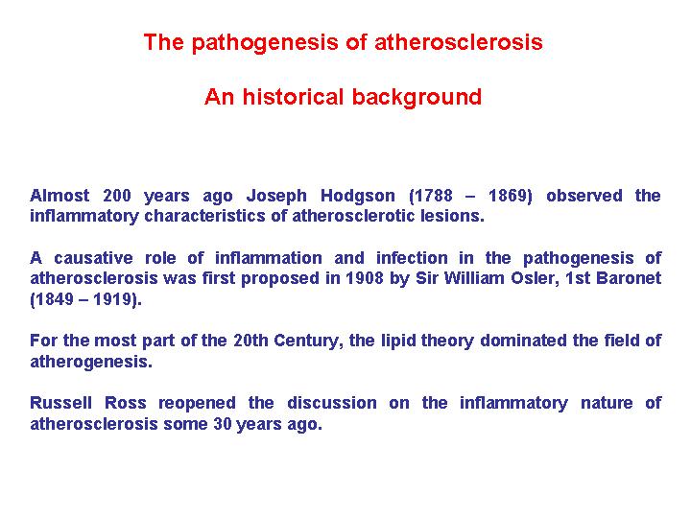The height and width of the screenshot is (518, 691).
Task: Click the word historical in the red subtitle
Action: (x=293, y=97)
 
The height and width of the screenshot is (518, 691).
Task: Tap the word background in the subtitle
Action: (x=417, y=97)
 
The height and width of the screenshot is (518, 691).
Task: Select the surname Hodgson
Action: (x=357, y=196)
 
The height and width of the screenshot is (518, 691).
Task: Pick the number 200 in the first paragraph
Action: (x=117, y=196)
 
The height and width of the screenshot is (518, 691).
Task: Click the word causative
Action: (x=93, y=258)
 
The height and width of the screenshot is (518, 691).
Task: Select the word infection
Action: (x=412, y=258)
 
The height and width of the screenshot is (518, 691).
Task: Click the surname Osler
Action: (x=534, y=279)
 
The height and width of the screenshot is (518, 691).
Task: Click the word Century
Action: (x=308, y=341)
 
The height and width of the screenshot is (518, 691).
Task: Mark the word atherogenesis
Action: (x=91, y=362)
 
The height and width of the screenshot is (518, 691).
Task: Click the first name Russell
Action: (x=60, y=403)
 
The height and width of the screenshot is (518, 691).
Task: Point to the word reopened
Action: (x=197, y=404)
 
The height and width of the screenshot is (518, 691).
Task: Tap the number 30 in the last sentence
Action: (x=223, y=424)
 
